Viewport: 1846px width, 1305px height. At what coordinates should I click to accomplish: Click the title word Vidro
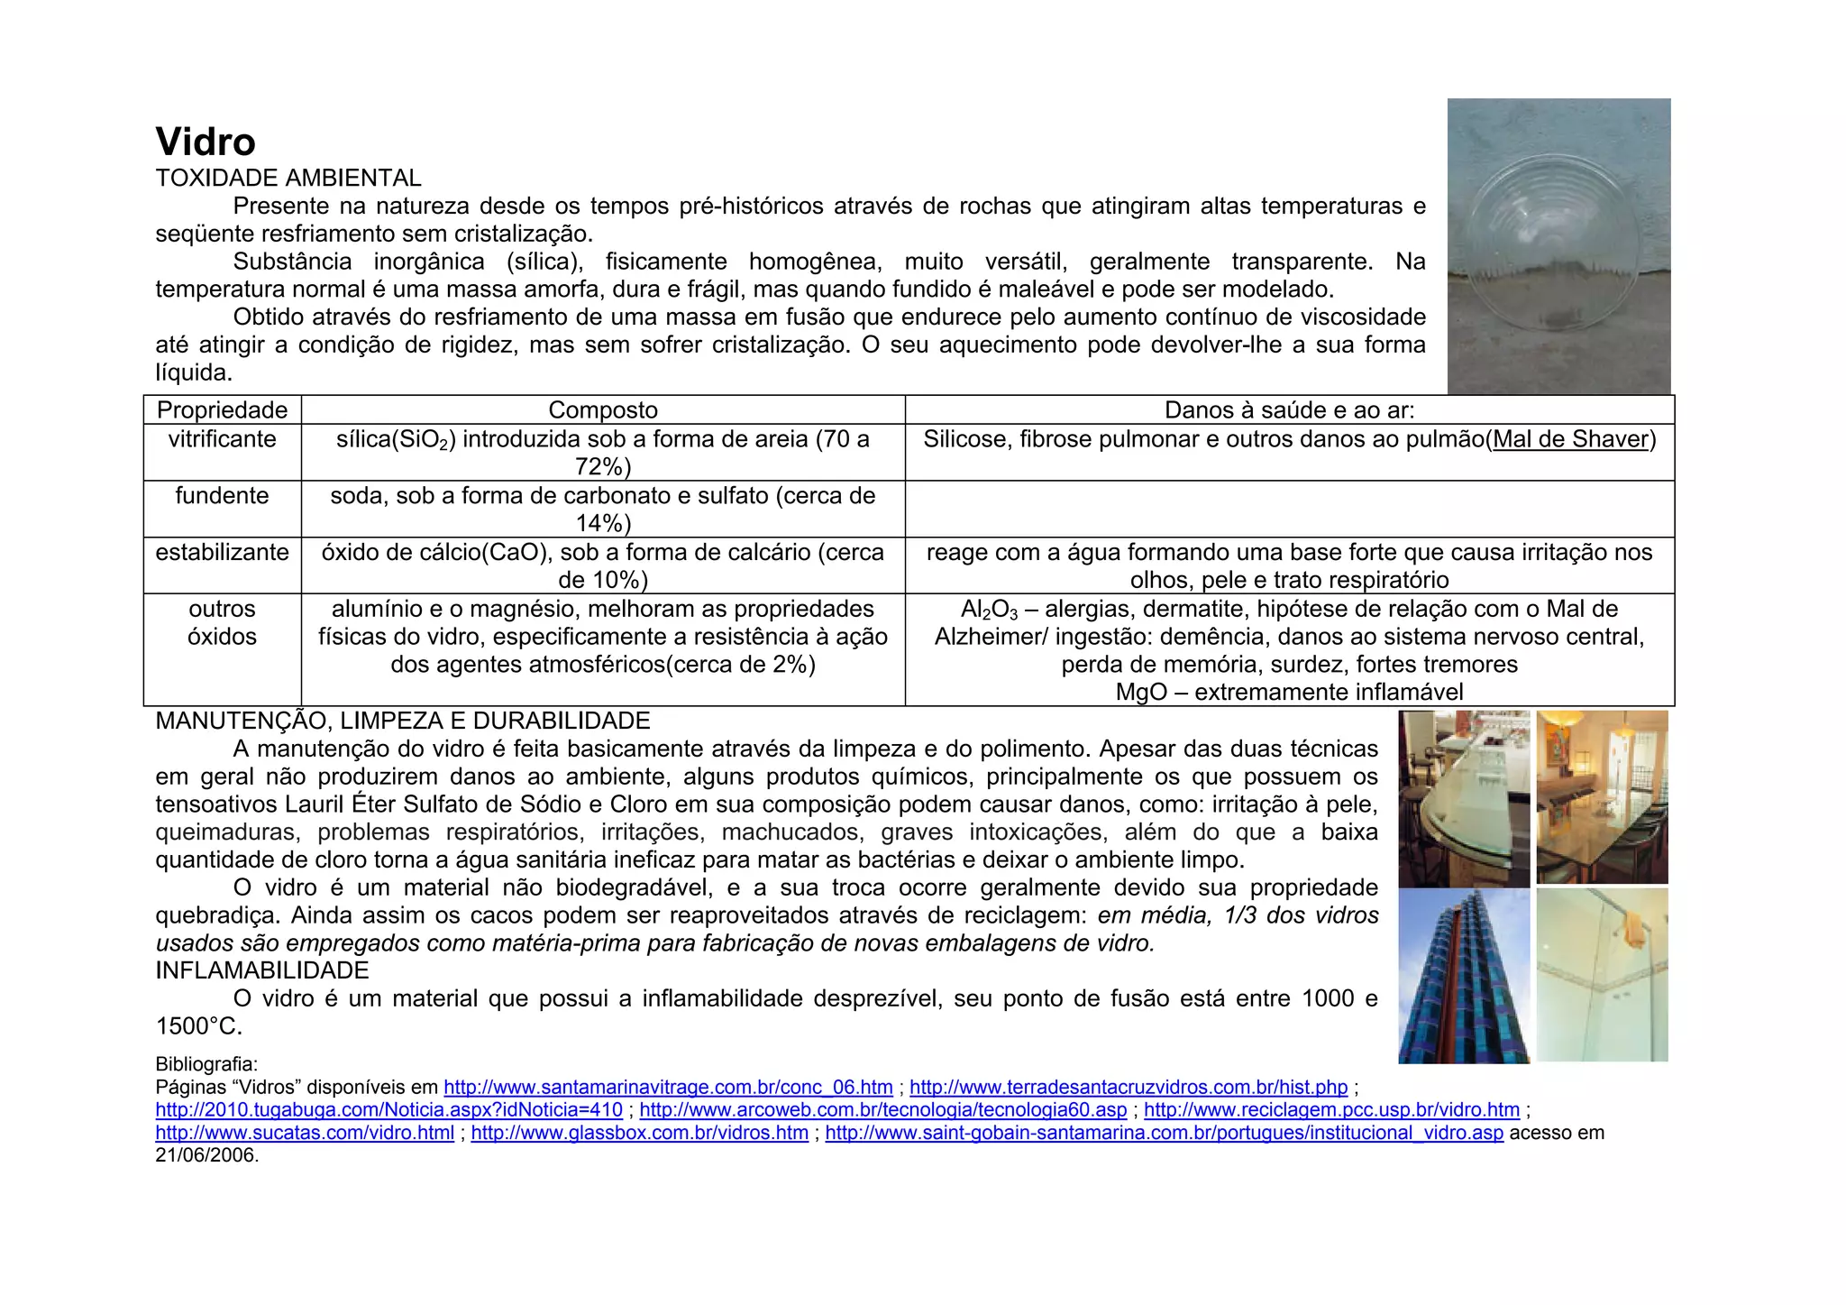[206, 142]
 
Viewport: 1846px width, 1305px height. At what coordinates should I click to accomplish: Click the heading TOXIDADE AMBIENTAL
[288, 179]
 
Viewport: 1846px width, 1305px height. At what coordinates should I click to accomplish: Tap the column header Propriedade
[222, 410]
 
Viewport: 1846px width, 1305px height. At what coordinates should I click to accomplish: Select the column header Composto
[603, 410]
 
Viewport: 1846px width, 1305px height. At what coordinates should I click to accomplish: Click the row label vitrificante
[222, 439]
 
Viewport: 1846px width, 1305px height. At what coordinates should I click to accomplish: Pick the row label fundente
[222, 496]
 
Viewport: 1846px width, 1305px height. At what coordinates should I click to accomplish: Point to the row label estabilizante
[222, 553]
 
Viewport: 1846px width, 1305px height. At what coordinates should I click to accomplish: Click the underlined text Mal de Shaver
[1570, 439]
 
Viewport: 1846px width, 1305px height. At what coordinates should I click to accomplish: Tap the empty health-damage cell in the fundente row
[1289, 509]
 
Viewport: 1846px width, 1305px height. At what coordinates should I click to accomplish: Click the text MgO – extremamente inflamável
[1289, 693]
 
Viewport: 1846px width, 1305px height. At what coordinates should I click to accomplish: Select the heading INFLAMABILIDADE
[262, 971]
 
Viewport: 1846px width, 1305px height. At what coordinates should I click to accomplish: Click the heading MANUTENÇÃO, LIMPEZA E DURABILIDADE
[403, 721]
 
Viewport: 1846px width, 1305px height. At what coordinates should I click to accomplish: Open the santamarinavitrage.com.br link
[668, 1088]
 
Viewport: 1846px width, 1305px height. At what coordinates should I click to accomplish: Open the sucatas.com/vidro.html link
[305, 1133]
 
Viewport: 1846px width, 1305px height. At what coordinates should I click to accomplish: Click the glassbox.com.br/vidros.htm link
[639, 1133]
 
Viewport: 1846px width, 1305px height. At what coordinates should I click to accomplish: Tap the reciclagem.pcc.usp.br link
[1331, 1110]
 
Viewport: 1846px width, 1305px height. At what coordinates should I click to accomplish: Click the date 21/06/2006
[206, 1155]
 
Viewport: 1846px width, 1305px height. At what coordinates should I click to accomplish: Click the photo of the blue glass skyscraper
[1464, 976]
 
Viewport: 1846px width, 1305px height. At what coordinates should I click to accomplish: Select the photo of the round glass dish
[1558, 245]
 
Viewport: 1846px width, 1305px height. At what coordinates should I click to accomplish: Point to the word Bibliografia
[206, 1064]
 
